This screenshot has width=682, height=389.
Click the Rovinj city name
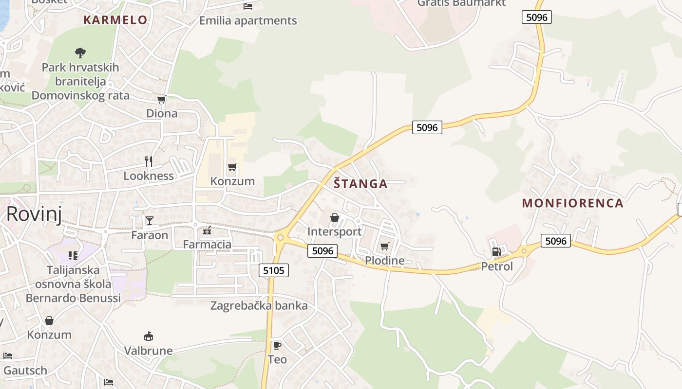coord(34,214)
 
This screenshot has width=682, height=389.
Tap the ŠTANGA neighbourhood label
coord(360,184)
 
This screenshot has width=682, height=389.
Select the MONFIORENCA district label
coord(572,203)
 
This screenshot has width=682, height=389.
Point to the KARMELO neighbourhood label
coord(115,20)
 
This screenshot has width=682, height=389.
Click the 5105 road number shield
coord(273,270)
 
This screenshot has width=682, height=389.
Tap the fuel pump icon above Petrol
coord(496,251)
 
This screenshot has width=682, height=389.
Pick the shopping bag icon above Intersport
coord(335,217)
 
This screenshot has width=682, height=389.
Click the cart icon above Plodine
coord(384,246)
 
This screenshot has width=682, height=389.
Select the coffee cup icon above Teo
coord(277,345)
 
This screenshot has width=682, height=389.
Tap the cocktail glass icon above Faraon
coord(150,221)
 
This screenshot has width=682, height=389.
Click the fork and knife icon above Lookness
coord(149,161)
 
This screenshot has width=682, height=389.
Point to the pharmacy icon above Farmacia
coord(207,230)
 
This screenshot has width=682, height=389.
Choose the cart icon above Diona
coord(162,99)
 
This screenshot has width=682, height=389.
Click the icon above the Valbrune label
coord(149,336)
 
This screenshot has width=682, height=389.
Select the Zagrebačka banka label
coord(259,306)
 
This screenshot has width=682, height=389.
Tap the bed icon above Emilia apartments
coord(248,6)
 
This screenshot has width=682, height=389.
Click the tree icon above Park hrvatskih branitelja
coord(80,53)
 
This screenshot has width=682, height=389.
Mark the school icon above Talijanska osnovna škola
coord(73,255)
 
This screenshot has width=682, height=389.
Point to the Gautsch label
coord(25,371)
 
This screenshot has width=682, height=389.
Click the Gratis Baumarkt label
coord(461,3)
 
